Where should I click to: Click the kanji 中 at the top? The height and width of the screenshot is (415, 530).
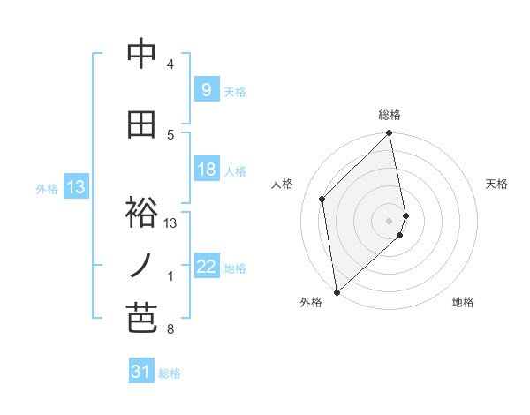[x=141, y=55]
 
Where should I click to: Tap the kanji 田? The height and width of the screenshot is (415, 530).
[x=141, y=125]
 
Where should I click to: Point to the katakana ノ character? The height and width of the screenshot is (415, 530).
[x=141, y=266]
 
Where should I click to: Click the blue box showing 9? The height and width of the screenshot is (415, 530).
[x=205, y=89]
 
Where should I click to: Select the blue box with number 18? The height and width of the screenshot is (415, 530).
[x=205, y=170]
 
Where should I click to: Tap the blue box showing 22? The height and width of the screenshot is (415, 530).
[x=205, y=267]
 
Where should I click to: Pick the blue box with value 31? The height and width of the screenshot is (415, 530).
[x=140, y=372]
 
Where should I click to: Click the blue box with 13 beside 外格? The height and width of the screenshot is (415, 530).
[x=76, y=187]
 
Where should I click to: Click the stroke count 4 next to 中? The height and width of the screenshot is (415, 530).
[x=170, y=64]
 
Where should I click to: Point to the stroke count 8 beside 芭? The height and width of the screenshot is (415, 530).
[x=170, y=330]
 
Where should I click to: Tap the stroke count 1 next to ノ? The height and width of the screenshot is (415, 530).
[x=170, y=276]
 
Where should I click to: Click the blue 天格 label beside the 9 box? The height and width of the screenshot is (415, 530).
[x=235, y=91]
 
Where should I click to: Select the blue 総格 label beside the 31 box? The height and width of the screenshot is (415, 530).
[x=170, y=373]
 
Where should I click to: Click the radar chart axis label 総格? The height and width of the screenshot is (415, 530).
[x=390, y=115]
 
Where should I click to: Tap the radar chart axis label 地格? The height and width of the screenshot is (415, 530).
[x=463, y=303]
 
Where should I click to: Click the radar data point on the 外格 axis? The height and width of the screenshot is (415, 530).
[x=337, y=291]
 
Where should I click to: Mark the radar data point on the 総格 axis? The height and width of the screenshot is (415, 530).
[x=390, y=133]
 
